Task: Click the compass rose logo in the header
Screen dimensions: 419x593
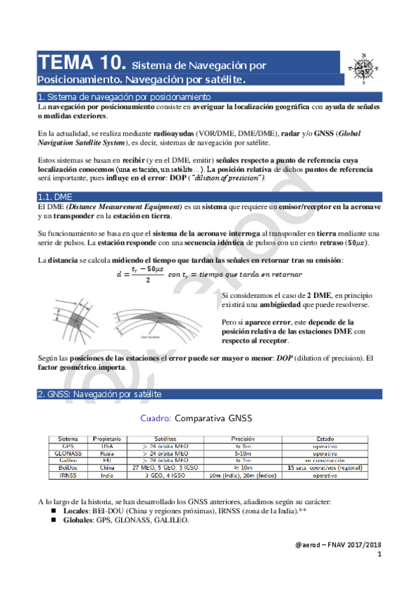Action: point(364,69)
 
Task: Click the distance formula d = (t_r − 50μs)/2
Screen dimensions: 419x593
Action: point(145,275)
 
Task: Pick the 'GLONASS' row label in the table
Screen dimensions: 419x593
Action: point(68,453)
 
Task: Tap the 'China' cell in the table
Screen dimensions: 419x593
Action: point(107,468)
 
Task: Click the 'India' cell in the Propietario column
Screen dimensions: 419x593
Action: point(107,476)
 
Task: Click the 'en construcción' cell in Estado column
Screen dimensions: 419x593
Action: point(325,461)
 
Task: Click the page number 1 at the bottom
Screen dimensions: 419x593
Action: point(378,554)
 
